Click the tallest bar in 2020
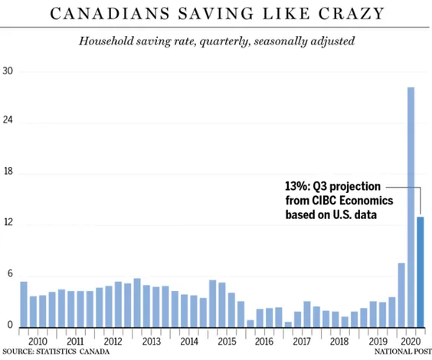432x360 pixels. (x=411, y=208)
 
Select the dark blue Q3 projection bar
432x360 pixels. (x=421, y=272)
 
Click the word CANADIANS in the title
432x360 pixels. (x=110, y=13)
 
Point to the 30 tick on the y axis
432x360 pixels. (x=8, y=71)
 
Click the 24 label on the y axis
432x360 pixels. (x=8, y=119)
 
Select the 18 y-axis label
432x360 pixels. (x=8, y=171)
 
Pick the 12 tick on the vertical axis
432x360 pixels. (x=8, y=221)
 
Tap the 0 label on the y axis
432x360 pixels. (x=10, y=325)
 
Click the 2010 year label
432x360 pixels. (x=38, y=342)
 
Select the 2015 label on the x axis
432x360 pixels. (x=227, y=342)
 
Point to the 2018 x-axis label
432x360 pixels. (x=339, y=342)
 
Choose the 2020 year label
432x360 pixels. (x=411, y=342)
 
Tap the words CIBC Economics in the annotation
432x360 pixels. (x=352, y=200)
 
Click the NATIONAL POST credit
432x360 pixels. (x=403, y=352)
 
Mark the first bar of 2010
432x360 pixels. (x=24, y=305)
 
